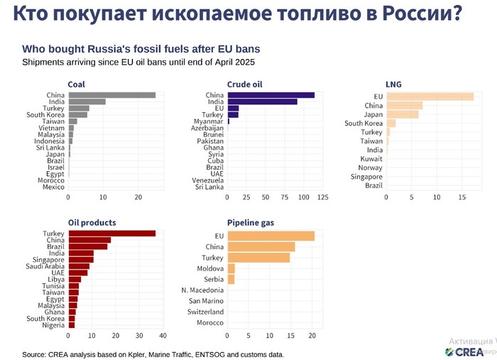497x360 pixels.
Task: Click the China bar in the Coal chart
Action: click(x=112, y=94)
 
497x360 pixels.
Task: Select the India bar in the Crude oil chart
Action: click(x=262, y=102)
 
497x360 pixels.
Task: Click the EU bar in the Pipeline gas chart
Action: click(x=271, y=236)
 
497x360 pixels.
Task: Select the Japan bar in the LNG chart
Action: click(x=402, y=114)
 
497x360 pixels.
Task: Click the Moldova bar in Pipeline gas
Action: click(x=231, y=268)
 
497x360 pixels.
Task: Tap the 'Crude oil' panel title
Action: click(x=244, y=84)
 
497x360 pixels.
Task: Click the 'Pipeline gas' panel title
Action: click(x=250, y=222)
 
